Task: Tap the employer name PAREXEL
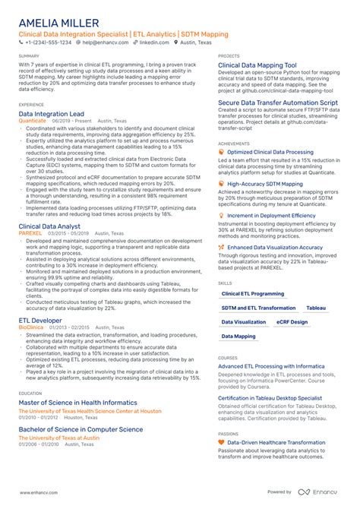point(30,233)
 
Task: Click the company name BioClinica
point(33,328)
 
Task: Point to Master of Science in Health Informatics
point(78,402)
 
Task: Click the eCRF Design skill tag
point(292,321)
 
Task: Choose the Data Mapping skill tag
point(238,336)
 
